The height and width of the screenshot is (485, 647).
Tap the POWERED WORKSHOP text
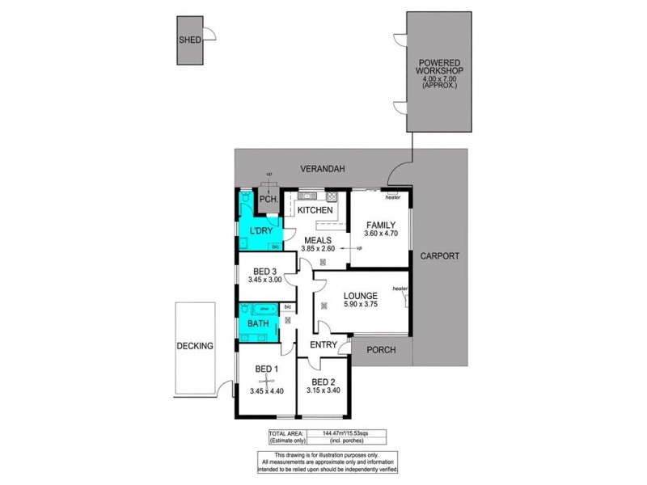pos(439,69)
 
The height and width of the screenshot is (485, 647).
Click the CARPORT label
pos(439,256)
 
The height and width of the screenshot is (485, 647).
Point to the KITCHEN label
pos(315,211)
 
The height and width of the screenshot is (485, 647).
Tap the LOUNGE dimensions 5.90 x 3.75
pos(361,305)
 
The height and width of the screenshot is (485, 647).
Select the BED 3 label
pos(265,271)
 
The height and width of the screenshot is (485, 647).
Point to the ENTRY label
pos(322,346)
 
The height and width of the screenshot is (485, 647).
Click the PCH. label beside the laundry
pos(268,200)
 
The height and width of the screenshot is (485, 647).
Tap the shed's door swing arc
pos(209,35)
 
